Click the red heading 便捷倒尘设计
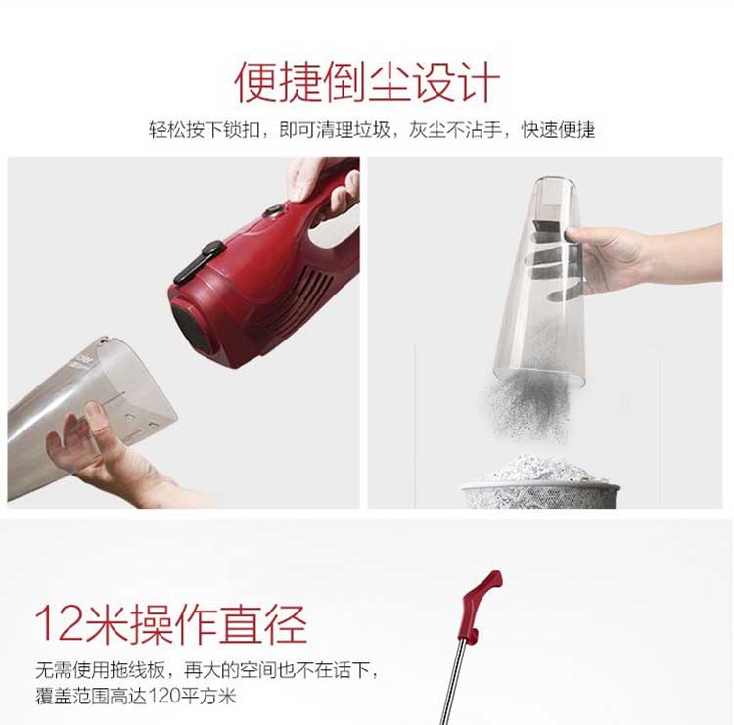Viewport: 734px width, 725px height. pyautogui.click(x=367, y=82)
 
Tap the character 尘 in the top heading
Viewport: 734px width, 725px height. pyautogui.click(x=390, y=82)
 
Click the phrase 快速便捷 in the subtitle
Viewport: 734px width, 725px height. pyautogui.click(x=558, y=130)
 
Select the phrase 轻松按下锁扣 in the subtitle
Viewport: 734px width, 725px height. pyautogui.click(x=205, y=130)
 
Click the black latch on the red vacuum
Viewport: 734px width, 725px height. pyautogui.click(x=200, y=261)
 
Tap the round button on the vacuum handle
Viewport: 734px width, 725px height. pyautogui.click(x=274, y=211)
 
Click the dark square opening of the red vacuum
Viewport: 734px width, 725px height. pyautogui.click(x=191, y=327)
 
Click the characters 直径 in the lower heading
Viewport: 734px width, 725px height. pyautogui.click(x=263, y=623)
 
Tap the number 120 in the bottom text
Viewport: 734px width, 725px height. pyautogui.click(x=164, y=696)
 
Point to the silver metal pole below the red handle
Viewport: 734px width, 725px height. pyautogui.click(x=453, y=683)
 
